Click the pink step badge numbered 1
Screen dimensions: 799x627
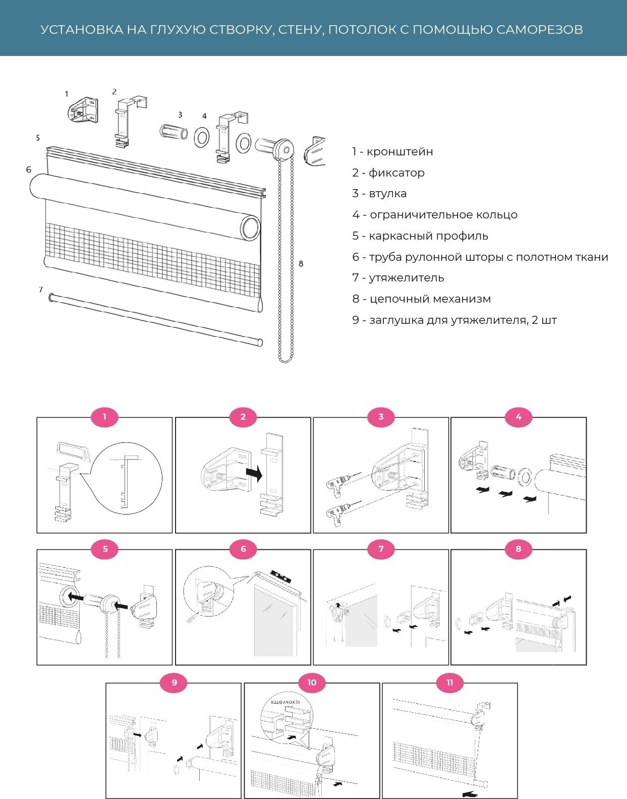click(x=104, y=417)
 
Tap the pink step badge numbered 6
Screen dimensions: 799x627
click(x=243, y=549)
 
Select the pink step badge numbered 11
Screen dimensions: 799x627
click(x=449, y=682)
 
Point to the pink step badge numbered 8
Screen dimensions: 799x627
click(x=518, y=549)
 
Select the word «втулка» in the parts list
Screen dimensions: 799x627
click(x=387, y=194)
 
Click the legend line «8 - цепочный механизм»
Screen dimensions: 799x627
click(x=421, y=299)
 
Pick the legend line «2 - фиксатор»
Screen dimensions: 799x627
click(x=388, y=173)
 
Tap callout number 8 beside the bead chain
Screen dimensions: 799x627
click(x=301, y=264)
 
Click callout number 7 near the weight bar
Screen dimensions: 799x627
click(x=41, y=290)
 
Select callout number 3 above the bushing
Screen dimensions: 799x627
click(x=180, y=115)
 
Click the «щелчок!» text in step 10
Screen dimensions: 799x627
click(x=286, y=702)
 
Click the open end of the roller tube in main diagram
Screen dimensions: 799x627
click(x=250, y=228)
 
